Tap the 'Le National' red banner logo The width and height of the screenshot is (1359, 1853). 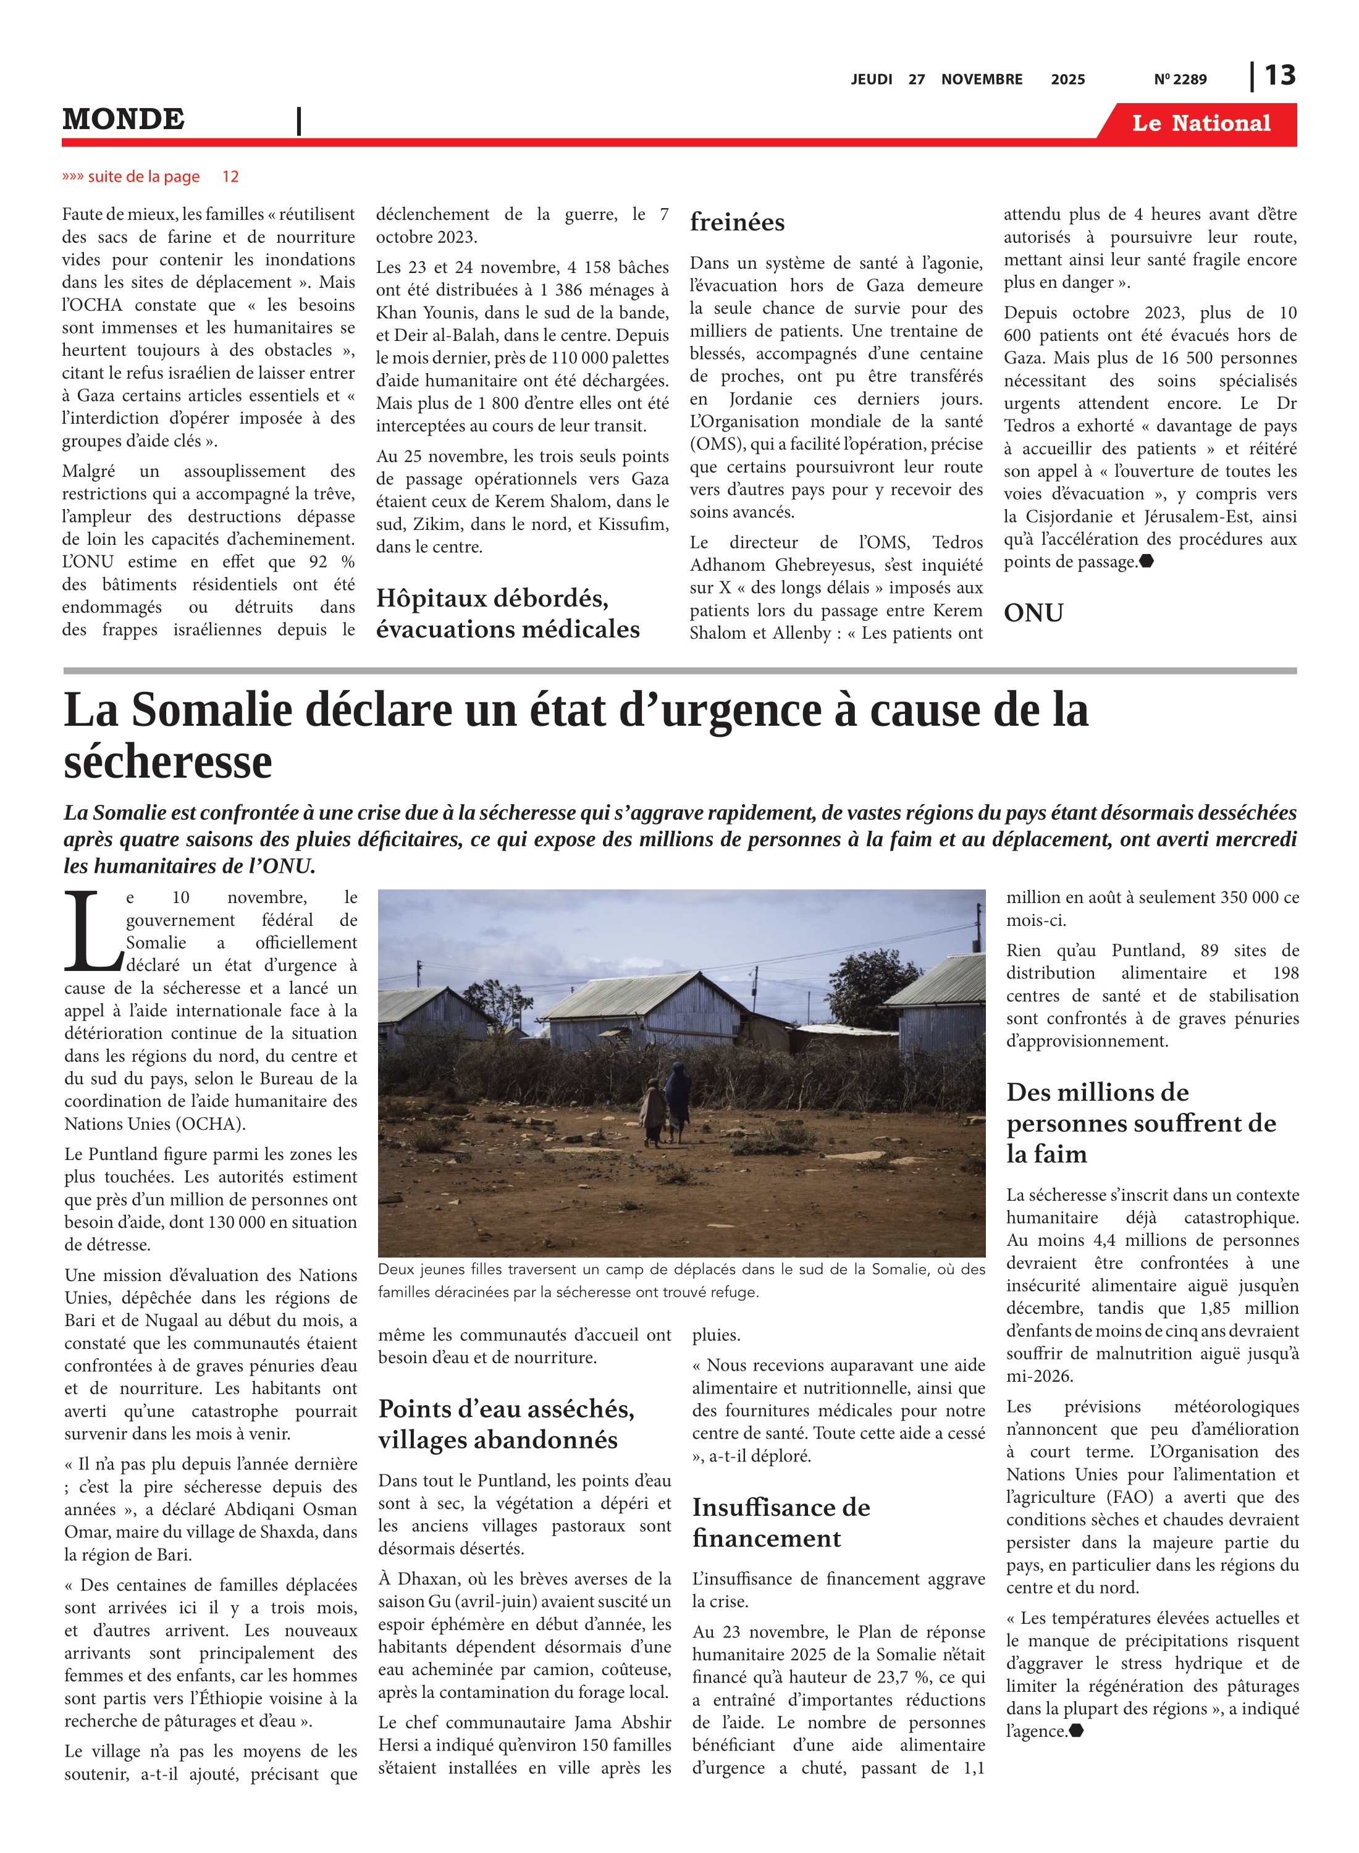tap(1200, 124)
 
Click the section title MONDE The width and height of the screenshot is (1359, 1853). tap(124, 119)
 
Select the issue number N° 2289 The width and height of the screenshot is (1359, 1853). tap(1180, 80)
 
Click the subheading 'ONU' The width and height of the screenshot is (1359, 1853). tap(1033, 613)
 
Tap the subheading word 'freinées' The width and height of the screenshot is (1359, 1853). tap(737, 222)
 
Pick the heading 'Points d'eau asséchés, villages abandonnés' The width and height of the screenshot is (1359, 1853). tap(506, 1424)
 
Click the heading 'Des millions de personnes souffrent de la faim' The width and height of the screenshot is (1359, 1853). tap(1140, 1123)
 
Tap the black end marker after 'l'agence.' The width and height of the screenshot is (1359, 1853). tap(1076, 1731)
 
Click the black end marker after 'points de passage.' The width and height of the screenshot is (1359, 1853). tap(1146, 561)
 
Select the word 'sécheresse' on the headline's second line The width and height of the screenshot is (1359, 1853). tap(168, 762)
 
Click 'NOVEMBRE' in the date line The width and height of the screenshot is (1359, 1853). tap(982, 80)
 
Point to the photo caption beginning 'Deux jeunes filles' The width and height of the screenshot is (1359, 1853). tap(681, 1280)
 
